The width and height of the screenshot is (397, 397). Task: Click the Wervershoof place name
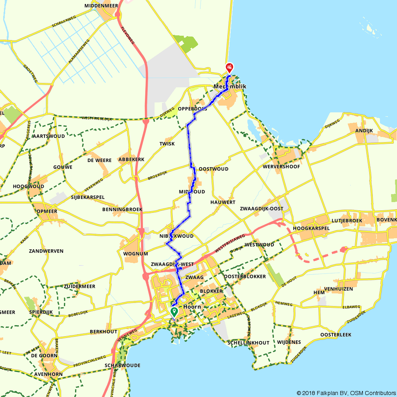click(281, 167)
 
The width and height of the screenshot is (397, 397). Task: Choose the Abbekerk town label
click(131, 160)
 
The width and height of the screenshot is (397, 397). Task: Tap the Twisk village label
click(167, 144)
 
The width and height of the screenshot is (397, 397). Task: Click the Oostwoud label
click(214, 169)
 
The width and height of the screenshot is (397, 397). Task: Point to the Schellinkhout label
click(249, 343)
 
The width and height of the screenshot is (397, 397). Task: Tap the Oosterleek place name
click(336, 335)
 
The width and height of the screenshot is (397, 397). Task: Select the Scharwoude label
click(122, 365)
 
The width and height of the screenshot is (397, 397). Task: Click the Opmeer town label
click(46, 211)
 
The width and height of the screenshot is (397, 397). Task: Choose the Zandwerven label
click(46, 251)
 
